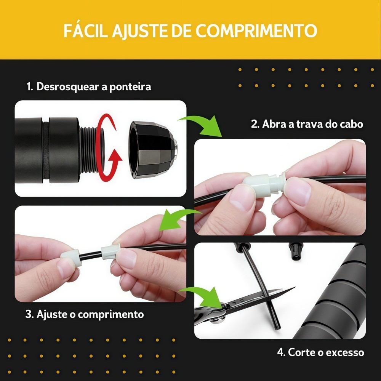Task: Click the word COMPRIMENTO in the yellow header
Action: [256, 30]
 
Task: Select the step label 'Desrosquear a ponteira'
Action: [94, 87]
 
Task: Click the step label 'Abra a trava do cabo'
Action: [312, 124]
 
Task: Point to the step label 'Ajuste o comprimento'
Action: [90, 314]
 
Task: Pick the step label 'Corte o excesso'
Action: [326, 352]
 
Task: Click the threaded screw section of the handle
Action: [90, 149]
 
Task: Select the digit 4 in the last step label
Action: [281, 352]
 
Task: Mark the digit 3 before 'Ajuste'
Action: [29, 314]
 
